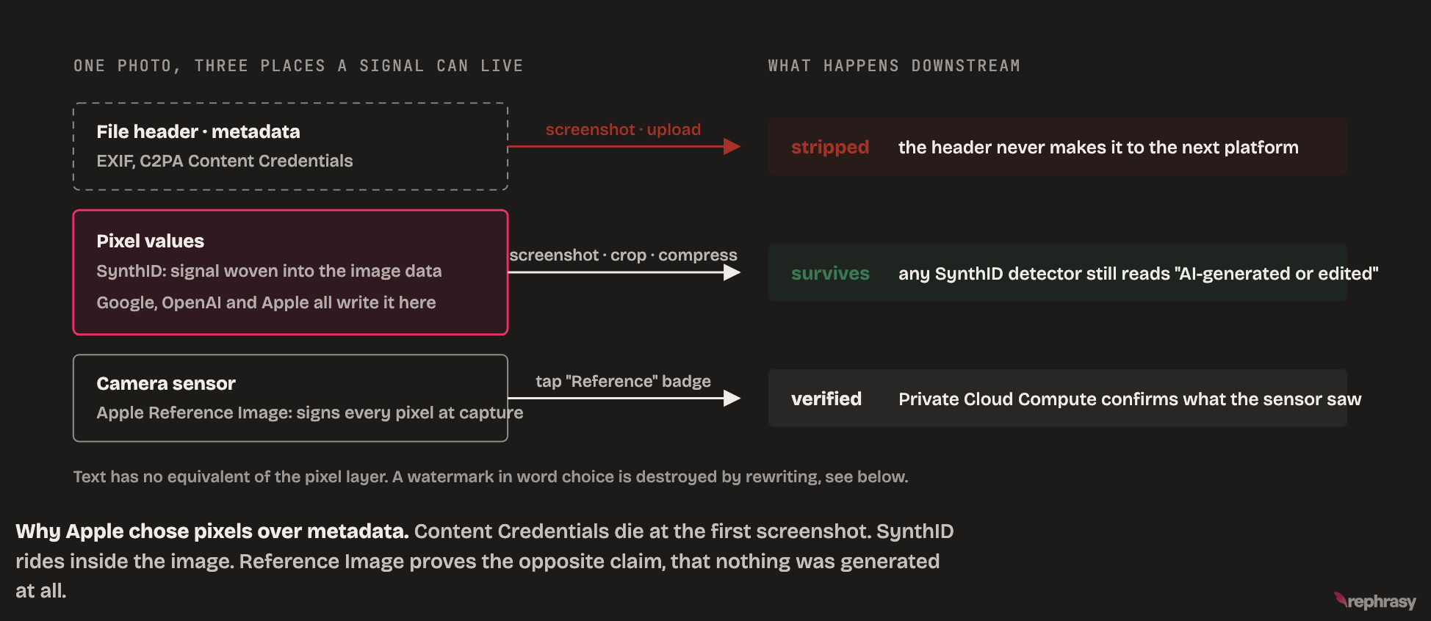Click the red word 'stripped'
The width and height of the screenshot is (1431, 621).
coord(830,148)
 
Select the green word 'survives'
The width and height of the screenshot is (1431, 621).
coord(830,273)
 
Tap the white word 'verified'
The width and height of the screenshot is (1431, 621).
coord(826,399)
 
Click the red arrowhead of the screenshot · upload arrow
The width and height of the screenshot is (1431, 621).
coord(732,147)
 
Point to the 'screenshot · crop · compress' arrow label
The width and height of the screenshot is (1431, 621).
coord(623,255)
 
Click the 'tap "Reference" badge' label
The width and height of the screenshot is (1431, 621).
coord(623,381)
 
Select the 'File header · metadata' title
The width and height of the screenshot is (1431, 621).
coord(198,131)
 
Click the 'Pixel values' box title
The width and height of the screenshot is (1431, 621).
coord(151,241)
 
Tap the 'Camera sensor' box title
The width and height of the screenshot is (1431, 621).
coord(166,383)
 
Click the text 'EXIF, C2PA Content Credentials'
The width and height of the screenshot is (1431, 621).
coord(225,161)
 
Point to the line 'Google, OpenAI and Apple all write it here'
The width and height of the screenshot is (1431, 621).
coord(266,302)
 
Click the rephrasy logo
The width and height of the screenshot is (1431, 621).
coord(1374,601)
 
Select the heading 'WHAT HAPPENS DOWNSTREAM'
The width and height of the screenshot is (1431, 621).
coord(894,66)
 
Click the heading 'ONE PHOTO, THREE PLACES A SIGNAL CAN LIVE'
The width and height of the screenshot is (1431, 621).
coord(298,66)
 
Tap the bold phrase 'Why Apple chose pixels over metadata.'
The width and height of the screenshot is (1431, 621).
coord(212,531)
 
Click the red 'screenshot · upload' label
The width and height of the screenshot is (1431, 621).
coord(623,129)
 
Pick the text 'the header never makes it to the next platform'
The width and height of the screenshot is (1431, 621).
coord(1098,148)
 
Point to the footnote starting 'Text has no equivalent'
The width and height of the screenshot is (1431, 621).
coord(491,476)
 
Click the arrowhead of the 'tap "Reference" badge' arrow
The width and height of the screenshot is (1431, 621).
coord(732,398)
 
